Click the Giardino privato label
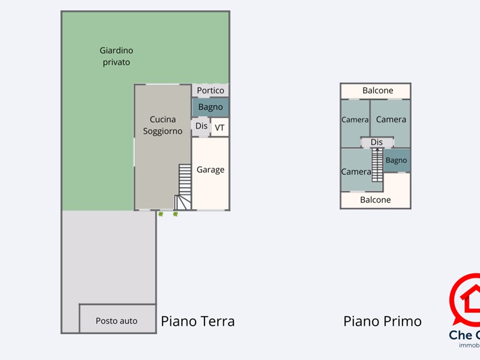(116, 56)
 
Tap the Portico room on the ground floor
(211, 91)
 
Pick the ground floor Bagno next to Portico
(211, 107)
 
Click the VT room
(220, 127)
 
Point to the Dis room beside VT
(201, 126)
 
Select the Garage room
(211, 170)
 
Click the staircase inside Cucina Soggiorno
(184, 186)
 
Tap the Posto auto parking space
(117, 321)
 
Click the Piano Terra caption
(197, 322)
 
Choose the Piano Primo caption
(382, 322)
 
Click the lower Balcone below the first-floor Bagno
(376, 200)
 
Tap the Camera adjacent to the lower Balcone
(355, 171)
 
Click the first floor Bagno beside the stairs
(397, 161)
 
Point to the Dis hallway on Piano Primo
(377, 142)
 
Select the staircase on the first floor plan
(377, 165)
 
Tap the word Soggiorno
(163, 131)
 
